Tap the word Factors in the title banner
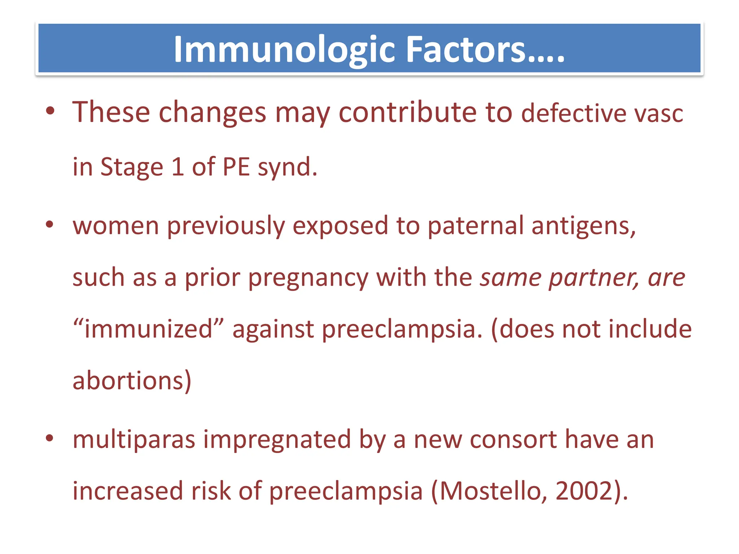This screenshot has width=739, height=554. point(465,50)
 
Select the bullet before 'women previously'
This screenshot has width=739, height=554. point(50,224)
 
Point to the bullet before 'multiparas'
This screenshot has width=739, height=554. point(50,438)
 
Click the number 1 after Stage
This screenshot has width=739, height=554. point(178,167)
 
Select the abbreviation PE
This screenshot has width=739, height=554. point(236,167)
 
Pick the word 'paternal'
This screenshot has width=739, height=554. point(475,226)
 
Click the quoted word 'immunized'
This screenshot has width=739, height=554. point(148,329)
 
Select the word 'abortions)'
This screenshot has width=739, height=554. point(132,381)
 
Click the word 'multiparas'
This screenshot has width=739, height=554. point(134,440)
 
